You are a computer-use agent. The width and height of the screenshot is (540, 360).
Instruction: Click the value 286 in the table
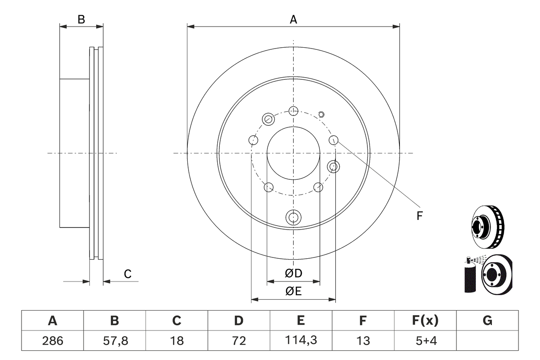point(52,341)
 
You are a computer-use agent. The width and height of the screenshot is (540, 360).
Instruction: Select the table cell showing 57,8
point(114,341)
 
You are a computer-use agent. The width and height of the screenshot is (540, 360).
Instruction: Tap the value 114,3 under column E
point(300,341)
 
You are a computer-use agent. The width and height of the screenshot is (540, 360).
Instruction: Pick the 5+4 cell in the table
point(425,341)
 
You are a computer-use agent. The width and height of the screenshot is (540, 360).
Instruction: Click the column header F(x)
point(425,321)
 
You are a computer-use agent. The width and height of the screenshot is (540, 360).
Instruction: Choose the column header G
point(487,321)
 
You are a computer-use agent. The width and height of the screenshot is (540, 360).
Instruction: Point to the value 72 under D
point(238,341)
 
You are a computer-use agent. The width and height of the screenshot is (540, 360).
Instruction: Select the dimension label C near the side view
point(127,274)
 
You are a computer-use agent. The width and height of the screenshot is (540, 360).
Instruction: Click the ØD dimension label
point(294,273)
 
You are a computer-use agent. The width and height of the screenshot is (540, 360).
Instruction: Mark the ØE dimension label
point(294,291)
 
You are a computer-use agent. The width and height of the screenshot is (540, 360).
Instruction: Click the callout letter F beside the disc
point(419,216)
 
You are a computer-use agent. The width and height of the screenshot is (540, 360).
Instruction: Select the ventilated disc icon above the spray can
point(487,227)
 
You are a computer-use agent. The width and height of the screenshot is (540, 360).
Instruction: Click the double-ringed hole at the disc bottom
point(294,217)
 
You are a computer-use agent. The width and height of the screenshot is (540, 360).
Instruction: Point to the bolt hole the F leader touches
point(334,140)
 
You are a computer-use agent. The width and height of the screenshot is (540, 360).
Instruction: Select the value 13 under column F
point(363,341)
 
